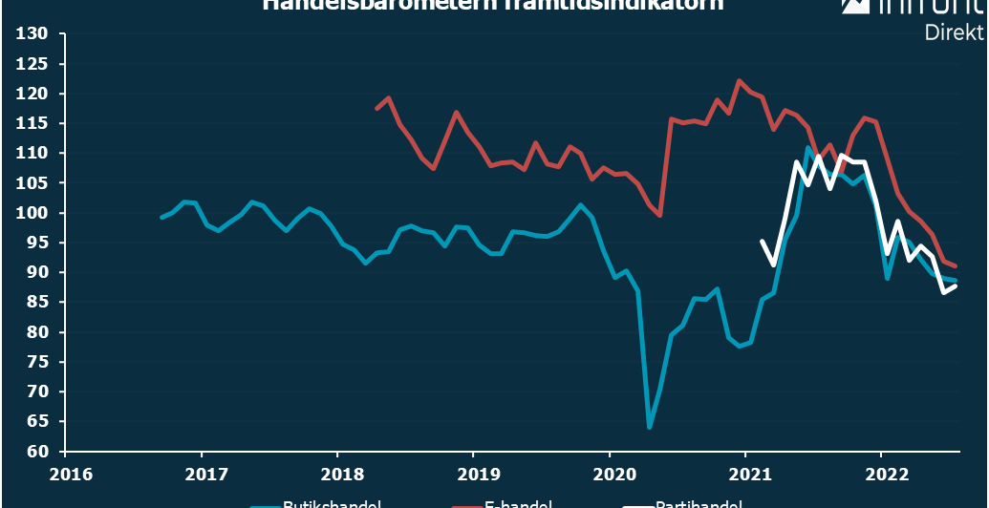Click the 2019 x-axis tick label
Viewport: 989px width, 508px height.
(474, 473)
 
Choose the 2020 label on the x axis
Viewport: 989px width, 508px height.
(611, 473)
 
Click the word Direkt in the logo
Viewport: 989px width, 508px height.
(954, 32)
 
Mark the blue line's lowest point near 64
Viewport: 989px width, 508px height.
(650, 427)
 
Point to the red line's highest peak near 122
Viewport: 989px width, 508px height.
(739, 81)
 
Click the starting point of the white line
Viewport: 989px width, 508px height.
(762, 242)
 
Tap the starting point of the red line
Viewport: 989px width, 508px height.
(376, 109)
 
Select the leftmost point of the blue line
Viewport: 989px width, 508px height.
(161, 218)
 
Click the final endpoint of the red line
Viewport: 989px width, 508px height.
(956, 266)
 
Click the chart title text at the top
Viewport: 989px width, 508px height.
(492, 5)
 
